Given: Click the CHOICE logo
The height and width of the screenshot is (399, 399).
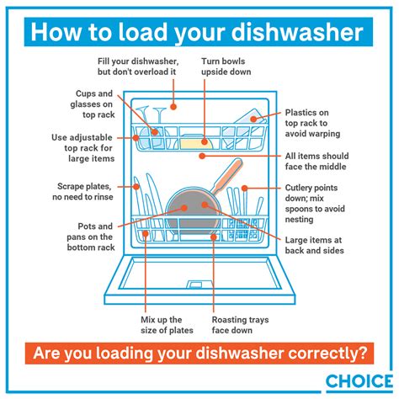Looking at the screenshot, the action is pyautogui.click(x=359, y=381).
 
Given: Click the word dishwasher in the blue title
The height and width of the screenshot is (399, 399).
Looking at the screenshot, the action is pyautogui.click(x=297, y=32).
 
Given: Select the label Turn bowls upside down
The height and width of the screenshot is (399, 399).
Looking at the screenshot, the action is pyautogui.click(x=226, y=66).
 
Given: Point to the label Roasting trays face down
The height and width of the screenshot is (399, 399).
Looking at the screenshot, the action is pyautogui.click(x=240, y=325).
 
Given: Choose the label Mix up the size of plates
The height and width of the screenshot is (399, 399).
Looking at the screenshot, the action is pyautogui.click(x=167, y=325).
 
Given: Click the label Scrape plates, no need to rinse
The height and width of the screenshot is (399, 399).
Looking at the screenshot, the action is pyautogui.click(x=82, y=192).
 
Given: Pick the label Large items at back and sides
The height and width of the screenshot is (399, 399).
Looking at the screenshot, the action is pyautogui.click(x=314, y=245).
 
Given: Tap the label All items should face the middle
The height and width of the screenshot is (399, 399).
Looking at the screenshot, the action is pyautogui.click(x=317, y=162).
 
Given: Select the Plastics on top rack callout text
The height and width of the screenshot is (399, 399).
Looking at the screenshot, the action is pyautogui.click(x=312, y=123).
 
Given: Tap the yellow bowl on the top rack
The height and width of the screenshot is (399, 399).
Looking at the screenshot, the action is pyautogui.click(x=196, y=143).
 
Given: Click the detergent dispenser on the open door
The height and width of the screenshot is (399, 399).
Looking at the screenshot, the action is pyautogui.click(x=194, y=284).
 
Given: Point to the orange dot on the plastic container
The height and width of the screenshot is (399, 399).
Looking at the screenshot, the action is pyautogui.click(x=253, y=119).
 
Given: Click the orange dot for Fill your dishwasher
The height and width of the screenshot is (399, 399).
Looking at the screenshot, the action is pyautogui.click(x=173, y=107).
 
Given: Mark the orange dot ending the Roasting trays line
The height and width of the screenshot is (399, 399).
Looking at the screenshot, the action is pyautogui.click(x=214, y=237).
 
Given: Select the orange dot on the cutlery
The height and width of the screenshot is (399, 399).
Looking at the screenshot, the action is pyautogui.click(x=244, y=188).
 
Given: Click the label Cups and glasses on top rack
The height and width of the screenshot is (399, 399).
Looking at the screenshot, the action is pyautogui.click(x=93, y=104).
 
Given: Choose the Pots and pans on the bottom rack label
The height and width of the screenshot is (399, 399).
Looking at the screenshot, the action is pyautogui.click(x=91, y=237).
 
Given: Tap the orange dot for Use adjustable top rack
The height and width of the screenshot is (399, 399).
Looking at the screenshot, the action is pyautogui.click(x=136, y=138).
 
